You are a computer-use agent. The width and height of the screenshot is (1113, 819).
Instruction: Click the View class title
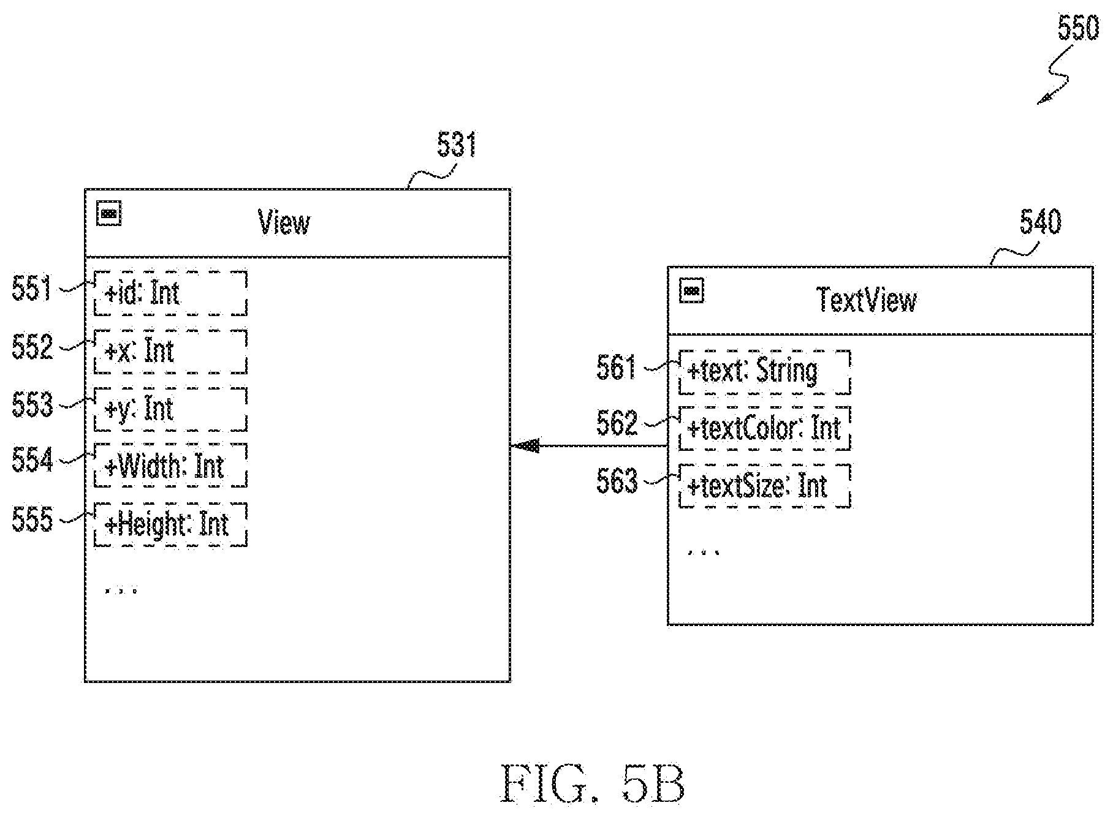284,222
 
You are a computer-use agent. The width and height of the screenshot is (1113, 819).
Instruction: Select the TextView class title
867,300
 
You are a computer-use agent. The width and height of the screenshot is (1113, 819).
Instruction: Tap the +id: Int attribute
170,293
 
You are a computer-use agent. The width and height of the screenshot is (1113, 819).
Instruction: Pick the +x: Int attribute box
170,351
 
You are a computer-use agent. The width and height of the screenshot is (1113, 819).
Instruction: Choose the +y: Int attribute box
170,409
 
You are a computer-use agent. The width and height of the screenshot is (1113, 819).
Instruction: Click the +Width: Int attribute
170,466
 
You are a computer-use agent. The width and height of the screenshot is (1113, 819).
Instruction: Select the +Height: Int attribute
170,524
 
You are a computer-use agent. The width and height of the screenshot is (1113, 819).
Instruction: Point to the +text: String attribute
765,372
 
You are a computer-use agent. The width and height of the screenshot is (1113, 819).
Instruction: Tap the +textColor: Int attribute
765,428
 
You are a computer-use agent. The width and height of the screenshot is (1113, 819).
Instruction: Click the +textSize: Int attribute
765,486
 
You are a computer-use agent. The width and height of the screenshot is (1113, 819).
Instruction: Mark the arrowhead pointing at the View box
525,446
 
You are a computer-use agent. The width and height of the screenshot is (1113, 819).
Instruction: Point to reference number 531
457,146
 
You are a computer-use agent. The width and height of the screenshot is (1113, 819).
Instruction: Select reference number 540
1040,222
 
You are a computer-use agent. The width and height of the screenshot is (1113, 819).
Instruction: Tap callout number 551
32,289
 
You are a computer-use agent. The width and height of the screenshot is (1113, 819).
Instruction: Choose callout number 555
32,520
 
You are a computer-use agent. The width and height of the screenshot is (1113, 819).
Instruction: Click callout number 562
617,423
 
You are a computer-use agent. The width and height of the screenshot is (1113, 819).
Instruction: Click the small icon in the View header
109,213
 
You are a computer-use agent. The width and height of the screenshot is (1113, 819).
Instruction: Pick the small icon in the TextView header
692,290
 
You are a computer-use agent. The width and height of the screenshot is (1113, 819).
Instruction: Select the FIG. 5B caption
593,783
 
